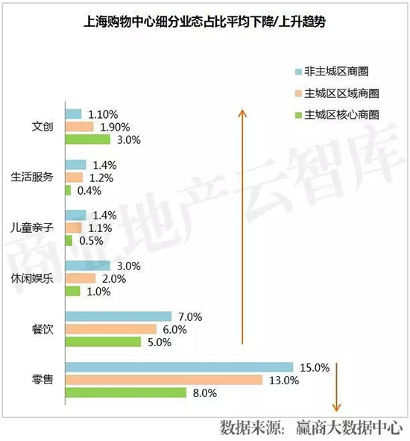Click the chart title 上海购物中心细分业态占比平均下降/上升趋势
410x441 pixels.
click(x=204, y=23)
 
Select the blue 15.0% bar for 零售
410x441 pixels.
click(x=179, y=366)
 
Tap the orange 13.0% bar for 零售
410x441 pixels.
click(x=164, y=380)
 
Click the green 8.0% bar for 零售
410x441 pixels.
click(x=125, y=392)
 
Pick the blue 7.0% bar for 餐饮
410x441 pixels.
click(x=118, y=316)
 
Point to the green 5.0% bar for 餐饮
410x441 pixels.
click(x=103, y=342)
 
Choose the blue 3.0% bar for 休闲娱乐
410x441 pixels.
click(x=87, y=266)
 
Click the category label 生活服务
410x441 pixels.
click(x=33, y=177)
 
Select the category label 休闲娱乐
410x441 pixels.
click(x=33, y=278)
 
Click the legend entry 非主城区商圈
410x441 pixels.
click(x=337, y=72)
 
